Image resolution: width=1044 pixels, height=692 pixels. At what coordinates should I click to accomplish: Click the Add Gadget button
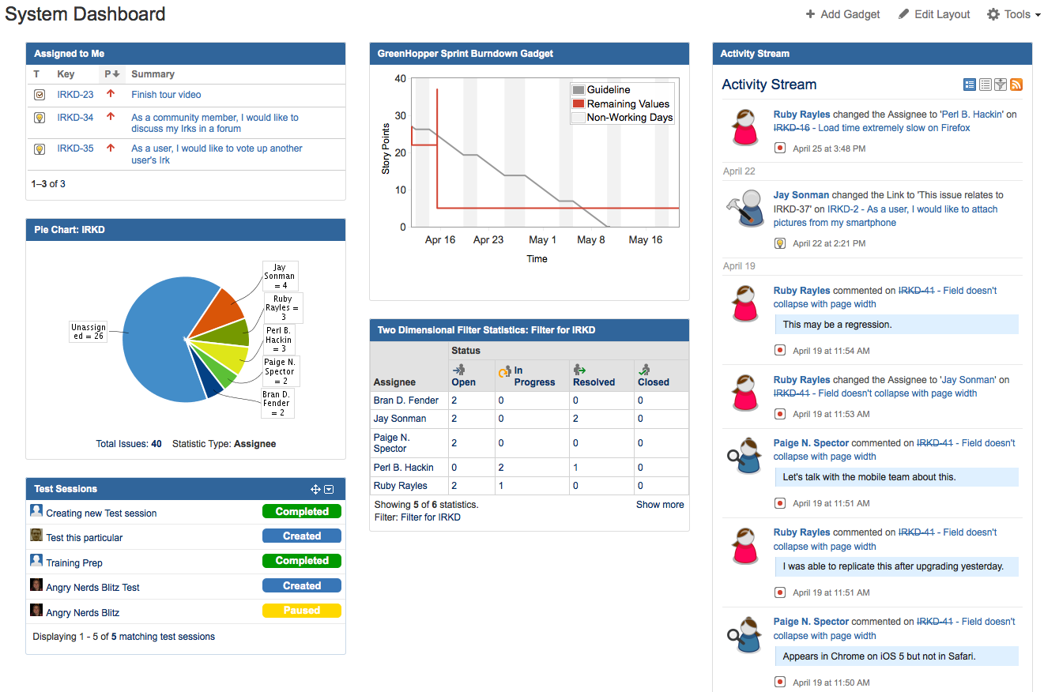point(842,14)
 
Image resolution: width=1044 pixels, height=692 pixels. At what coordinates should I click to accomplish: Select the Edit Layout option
point(934,14)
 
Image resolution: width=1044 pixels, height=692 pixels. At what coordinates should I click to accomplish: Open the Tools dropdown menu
point(1014,14)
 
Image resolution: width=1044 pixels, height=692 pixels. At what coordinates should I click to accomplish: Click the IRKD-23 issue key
point(75,95)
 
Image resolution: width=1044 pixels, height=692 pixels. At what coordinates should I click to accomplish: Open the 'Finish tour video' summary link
point(166,95)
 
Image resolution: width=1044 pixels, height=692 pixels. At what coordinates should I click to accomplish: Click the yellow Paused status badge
point(301,611)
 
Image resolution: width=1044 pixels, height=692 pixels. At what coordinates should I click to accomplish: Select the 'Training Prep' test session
point(74,563)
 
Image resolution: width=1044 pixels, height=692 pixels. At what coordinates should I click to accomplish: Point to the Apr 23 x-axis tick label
point(488,240)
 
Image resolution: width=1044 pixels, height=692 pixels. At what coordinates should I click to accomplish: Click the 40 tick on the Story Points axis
point(400,79)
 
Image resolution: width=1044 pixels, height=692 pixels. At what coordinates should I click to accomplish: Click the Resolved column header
point(594,382)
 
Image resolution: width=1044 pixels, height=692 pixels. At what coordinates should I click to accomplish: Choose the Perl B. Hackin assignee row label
point(403,468)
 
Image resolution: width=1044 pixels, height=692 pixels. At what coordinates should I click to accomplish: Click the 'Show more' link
point(660,505)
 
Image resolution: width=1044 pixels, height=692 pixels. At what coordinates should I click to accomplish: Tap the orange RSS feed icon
point(1016,85)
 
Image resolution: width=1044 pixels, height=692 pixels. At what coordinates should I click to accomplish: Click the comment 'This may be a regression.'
point(837,325)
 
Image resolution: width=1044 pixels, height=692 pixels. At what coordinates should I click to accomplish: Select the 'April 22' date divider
point(739,171)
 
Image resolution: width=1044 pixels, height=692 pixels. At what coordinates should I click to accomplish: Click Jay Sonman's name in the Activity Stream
point(801,195)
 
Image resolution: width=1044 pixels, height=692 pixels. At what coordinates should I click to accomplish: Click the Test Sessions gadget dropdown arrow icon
point(329,490)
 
